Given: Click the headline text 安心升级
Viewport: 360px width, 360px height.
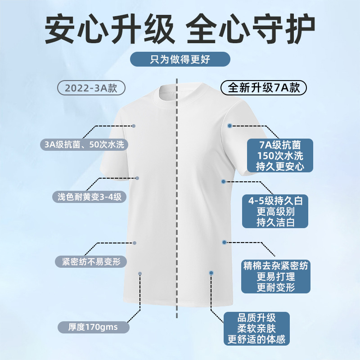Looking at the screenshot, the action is click(109, 30).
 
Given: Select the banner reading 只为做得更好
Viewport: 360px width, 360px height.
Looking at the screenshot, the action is click(180, 59).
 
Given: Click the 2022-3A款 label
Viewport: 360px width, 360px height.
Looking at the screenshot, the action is click(91, 88).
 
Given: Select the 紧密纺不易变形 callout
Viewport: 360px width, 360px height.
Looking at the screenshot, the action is click(90, 261).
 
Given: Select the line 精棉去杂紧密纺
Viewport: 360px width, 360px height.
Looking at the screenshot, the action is click(275, 265).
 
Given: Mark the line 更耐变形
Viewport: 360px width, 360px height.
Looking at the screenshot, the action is click(275, 287).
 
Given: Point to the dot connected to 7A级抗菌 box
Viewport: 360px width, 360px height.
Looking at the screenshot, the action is click(229, 126).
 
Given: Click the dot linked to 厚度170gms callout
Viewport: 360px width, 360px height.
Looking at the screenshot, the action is click(140, 274).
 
